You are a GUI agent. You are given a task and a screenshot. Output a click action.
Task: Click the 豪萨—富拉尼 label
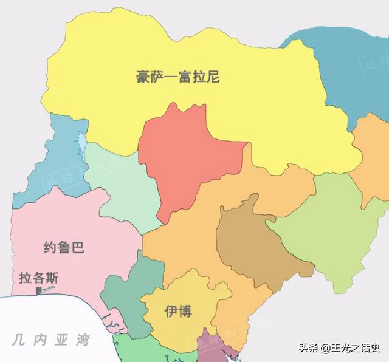click(x=177, y=77)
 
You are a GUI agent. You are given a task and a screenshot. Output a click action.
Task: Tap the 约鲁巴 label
click(x=64, y=247)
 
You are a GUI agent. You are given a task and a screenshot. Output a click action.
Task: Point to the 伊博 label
click(x=178, y=312)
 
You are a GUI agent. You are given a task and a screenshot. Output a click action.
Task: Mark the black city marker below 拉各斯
click(x=40, y=291)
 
